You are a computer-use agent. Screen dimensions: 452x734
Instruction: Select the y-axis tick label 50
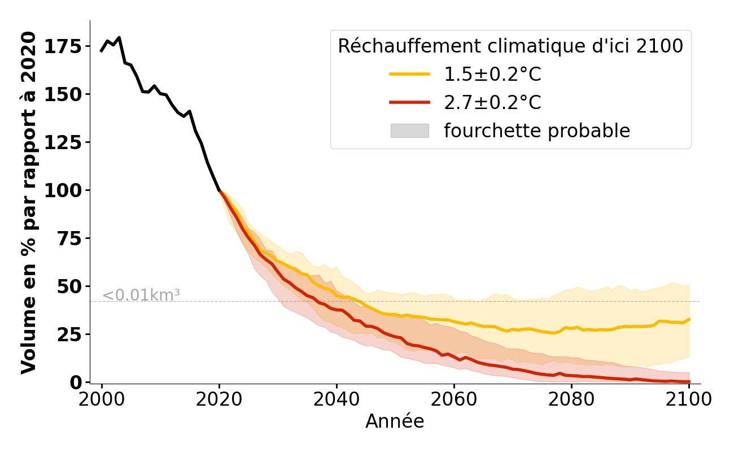click(71, 286)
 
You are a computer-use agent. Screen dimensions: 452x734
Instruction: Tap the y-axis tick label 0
click(77, 383)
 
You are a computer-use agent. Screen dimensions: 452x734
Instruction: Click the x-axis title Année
click(395, 421)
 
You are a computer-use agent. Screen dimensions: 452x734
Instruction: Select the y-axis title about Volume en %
click(29, 202)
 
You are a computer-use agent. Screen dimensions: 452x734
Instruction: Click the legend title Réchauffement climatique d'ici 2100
click(510, 46)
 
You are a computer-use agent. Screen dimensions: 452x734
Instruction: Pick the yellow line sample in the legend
click(409, 74)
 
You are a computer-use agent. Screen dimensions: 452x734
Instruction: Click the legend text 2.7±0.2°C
click(492, 103)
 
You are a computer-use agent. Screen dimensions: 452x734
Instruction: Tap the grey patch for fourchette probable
click(409, 131)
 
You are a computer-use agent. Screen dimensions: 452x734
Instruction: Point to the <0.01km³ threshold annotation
click(141, 295)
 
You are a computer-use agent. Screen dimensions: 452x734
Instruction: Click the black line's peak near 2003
click(119, 38)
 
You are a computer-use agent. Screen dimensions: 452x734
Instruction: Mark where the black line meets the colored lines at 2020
click(219, 190)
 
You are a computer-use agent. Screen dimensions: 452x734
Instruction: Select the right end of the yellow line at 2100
click(689, 319)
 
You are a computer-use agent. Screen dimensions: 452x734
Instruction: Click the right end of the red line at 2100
click(689, 382)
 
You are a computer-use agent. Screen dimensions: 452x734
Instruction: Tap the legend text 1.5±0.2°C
click(492, 74)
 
